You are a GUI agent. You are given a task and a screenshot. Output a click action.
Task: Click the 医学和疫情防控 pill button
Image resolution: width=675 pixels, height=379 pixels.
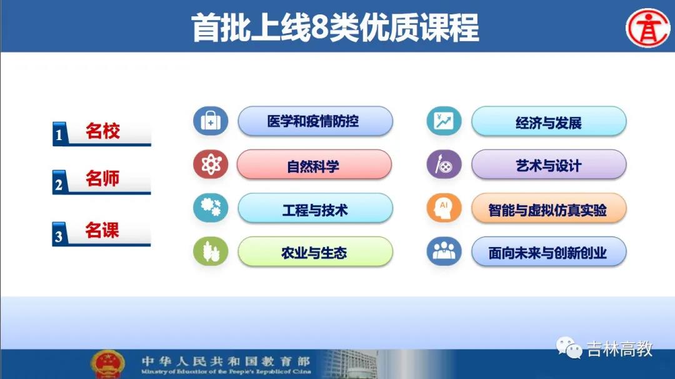(x=315, y=121)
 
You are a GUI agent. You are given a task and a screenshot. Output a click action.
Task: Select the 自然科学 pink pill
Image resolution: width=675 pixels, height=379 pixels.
(x=314, y=165)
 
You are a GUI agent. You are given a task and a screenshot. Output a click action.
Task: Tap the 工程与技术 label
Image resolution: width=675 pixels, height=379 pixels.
(x=315, y=210)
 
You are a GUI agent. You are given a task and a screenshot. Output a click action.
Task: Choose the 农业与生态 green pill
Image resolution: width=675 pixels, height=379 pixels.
(x=315, y=252)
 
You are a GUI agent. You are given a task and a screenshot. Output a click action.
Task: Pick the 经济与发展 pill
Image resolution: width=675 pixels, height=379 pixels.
(x=549, y=122)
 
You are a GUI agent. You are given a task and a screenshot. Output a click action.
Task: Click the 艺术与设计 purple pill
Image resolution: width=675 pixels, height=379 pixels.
(x=549, y=165)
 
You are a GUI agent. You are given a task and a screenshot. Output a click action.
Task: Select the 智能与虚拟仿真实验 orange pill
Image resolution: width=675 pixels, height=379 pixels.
(x=549, y=209)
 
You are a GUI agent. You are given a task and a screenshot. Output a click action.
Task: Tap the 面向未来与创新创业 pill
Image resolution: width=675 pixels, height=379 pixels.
(x=549, y=252)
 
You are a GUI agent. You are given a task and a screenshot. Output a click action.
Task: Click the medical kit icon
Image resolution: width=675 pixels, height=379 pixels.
(x=211, y=121)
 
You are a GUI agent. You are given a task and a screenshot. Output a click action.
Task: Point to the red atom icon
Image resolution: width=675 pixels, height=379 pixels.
(x=211, y=164)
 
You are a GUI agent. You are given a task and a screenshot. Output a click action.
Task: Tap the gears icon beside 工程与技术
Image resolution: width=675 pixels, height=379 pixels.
(x=211, y=208)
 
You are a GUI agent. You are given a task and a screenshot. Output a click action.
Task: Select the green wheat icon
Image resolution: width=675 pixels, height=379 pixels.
(x=211, y=251)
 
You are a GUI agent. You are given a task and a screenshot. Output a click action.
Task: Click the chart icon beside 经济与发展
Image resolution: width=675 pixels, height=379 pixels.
(x=444, y=121)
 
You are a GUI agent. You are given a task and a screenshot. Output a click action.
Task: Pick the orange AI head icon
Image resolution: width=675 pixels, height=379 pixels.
(x=444, y=208)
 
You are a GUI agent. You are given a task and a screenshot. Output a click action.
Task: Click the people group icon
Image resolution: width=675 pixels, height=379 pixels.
(x=444, y=251)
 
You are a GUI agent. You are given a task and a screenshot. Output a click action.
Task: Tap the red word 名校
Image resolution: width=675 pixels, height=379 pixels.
(x=102, y=131)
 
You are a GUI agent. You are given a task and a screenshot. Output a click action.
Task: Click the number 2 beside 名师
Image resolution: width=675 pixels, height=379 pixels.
(x=59, y=184)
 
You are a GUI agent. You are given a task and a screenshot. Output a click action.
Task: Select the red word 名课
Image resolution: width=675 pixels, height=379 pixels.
(x=102, y=230)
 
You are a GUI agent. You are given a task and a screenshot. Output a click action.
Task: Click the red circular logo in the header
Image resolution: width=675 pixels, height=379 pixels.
(x=647, y=28)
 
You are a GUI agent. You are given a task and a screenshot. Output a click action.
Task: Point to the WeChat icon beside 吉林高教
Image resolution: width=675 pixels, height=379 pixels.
(x=569, y=348)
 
